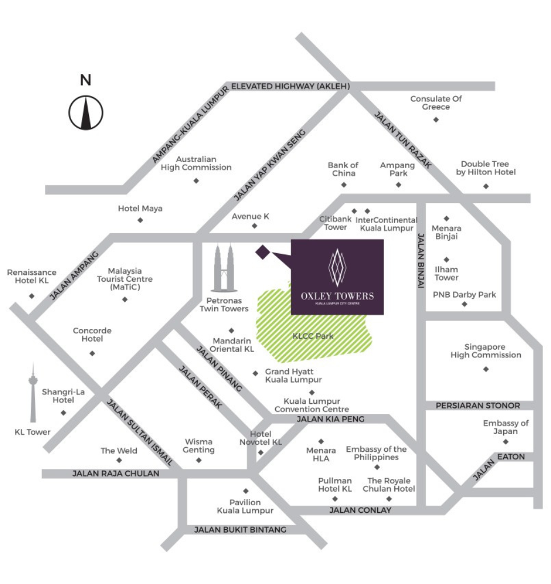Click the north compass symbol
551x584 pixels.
coord(85,112)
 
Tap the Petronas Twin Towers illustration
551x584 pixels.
coord(225,267)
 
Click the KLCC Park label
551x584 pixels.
coord(313,336)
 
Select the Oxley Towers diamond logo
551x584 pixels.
coord(337,267)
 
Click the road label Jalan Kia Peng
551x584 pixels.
coord(330,419)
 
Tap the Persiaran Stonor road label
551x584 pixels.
coord(477,405)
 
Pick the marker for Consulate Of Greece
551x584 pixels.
coord(436,120)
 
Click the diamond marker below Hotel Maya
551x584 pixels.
coord(140,220)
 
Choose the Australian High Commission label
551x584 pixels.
coord(196,163)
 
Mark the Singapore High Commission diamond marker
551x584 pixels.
coord(486,369)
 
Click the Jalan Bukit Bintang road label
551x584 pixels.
coord(240,529)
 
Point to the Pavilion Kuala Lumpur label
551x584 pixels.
coord(245,506)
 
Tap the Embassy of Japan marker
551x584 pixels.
coord(505,442)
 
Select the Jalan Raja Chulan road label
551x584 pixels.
coord(116,473)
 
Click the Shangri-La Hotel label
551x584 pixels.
coord(63,396)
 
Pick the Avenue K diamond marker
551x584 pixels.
coord(255,226)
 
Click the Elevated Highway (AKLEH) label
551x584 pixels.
coord(291,86)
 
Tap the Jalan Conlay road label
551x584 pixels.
coord(360,510)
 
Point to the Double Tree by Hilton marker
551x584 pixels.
coord(486,186)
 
